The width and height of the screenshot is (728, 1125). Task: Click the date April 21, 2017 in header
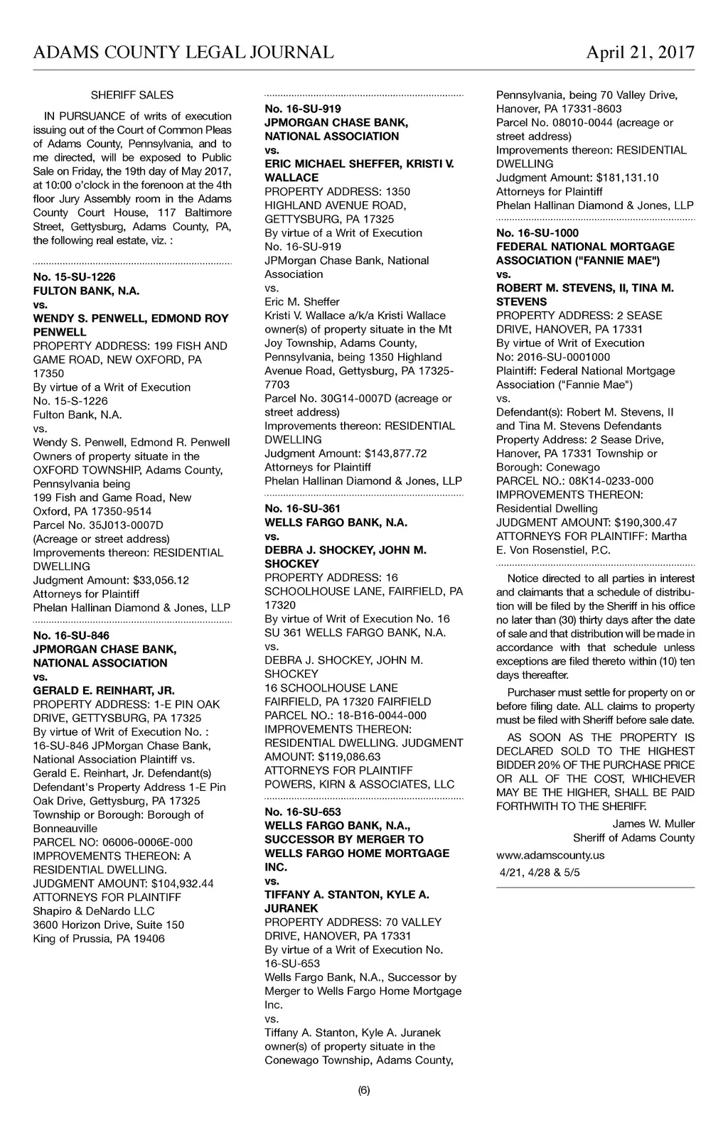coord(640,52)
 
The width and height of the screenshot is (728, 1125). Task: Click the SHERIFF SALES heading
coord(132,95)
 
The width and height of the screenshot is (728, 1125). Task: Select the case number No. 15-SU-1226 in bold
coord(74,276)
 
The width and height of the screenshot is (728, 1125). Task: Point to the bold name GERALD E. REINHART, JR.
coord(104,690)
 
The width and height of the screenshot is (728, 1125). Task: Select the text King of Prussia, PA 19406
coord(99,939)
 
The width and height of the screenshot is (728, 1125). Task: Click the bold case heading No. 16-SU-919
coord(303,109)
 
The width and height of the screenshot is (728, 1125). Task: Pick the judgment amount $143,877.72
coord(395,453)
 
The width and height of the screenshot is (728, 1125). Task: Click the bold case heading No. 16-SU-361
coord(303,509)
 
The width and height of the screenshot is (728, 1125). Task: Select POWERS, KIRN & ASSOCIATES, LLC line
coord(359,784)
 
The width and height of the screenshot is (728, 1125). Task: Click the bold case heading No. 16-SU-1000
coord(537,233)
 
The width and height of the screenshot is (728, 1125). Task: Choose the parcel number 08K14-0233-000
coord(611,481)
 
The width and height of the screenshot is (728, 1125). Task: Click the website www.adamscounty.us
coord(550,855)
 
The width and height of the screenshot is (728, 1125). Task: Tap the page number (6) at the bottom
coord(364,1091)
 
